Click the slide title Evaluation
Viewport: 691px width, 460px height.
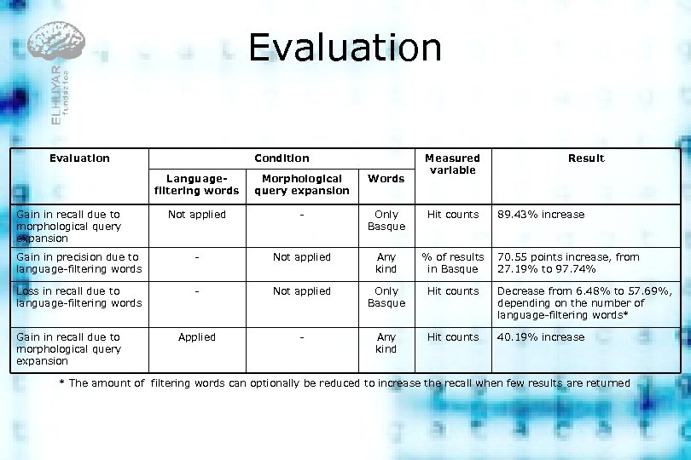345,49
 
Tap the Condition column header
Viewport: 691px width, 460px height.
282,158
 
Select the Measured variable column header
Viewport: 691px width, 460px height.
452,164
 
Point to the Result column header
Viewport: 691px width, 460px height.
586,158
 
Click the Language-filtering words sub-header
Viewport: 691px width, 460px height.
196,185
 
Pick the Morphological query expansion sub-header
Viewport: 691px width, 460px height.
301,185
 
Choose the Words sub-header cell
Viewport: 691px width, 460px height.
386,179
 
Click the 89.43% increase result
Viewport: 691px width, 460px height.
541,215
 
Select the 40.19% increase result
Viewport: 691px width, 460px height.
541,337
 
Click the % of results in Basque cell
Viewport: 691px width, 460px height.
452,263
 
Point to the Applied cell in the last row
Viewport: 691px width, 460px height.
196,337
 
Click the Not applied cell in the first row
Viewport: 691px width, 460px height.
196,215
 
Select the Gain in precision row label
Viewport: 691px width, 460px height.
78,263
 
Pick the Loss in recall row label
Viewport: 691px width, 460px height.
78,297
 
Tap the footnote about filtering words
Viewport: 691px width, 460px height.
345,383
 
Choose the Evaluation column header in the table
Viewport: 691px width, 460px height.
79,158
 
